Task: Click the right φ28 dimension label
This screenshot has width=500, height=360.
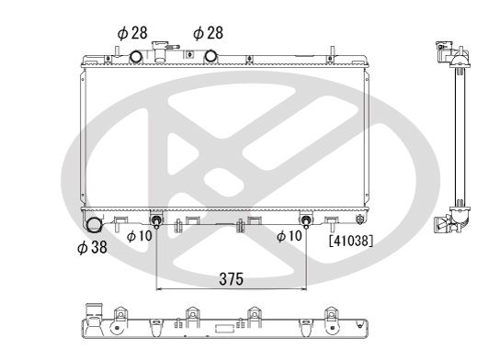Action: point(208,32)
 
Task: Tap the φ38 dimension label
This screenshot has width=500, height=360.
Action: point(93,249)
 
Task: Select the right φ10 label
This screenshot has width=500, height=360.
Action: point(290,236)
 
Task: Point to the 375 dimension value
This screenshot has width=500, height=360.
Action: point(231,277)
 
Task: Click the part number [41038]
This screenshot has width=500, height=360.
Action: point(348,242)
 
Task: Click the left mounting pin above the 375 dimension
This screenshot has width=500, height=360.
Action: point(158,222)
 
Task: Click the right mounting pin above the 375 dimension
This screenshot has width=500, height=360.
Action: point(306,222)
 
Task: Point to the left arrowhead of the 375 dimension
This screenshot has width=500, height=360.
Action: point(162,288)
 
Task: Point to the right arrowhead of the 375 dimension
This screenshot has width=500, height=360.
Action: point(302,288)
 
